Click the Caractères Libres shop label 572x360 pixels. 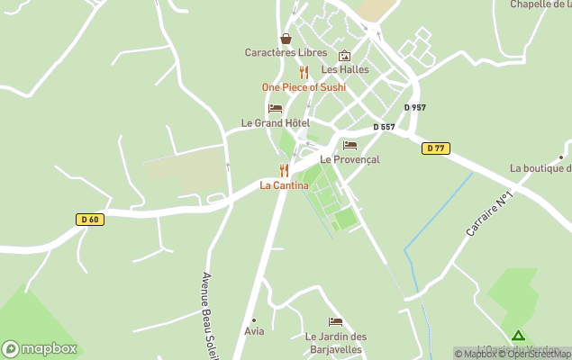click(x=286, y=52)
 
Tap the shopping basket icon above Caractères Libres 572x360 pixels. click(x=286, y=39)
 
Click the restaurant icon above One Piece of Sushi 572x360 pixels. click(x=304, y=73)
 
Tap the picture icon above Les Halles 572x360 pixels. click(x=344, y=56)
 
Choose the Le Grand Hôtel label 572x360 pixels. click(x=275, y=122)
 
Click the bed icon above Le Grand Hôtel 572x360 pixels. click(x=275, y=108)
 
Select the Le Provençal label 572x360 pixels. click(x=350, y=159)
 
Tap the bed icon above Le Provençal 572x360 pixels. click(x=350, y=145)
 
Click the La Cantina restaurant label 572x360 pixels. click(x=284, y=185)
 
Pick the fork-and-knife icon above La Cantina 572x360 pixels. click(x=284, y=170)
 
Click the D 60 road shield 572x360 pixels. click(x=88, y=219)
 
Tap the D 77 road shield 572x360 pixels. click(x=436, y=148)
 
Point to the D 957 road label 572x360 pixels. click(x=414, y=107)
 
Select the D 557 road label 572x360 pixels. click(x=383, y=127)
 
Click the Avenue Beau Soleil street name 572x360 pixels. click(x=211, y=315)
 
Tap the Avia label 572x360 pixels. click(x=254, y=331)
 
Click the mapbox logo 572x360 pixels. click(x=40, y=348)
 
